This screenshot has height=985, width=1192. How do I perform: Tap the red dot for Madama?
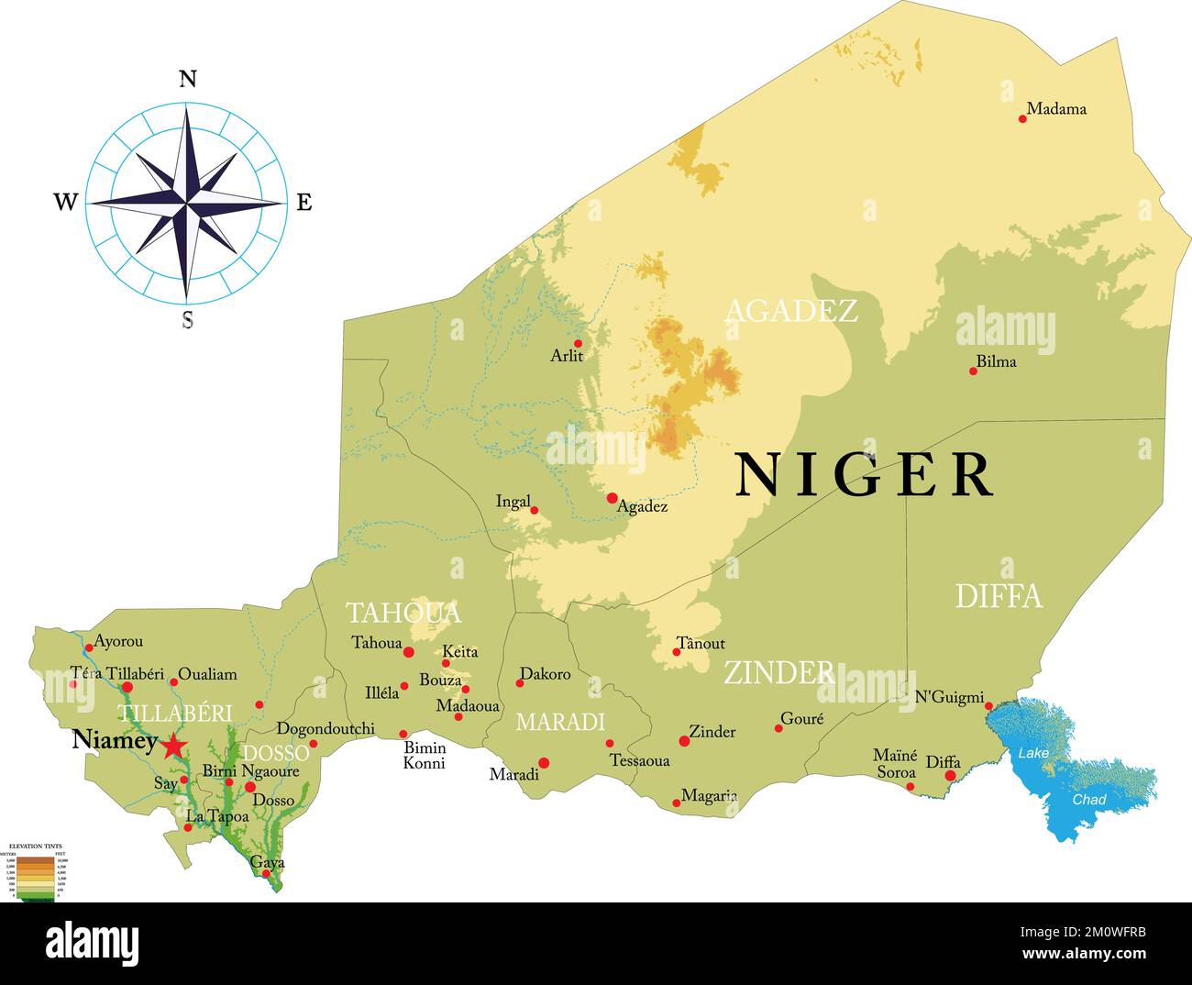coord(1023,118)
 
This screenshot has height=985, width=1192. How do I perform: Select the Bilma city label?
coord(996,361)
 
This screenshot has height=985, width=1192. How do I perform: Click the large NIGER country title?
coord(865,474)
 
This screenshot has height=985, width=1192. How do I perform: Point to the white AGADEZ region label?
coord(791,311)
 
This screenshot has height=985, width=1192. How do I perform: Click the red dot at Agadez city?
coord(613,498)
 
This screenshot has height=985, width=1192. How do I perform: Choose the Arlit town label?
coord(567,356)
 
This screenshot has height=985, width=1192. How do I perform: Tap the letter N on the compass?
coord(187,79)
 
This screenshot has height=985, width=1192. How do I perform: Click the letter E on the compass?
coord(304,203)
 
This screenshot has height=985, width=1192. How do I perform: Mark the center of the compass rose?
coord(187,203)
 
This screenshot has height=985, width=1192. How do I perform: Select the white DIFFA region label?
coord(999,596)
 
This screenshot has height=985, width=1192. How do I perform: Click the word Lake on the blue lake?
coord(1033,753)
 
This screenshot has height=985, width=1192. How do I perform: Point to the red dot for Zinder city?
coord(684,741)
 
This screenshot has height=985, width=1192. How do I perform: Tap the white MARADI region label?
coord(560,722)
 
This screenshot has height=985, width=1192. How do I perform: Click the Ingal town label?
coord(513,502)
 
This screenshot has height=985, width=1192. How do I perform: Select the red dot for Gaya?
coord(267,873)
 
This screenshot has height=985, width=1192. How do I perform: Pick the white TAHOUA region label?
coord(403,613)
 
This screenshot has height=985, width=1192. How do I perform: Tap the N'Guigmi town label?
coord(949,698)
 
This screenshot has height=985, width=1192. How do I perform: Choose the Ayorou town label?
coord(118,642)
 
